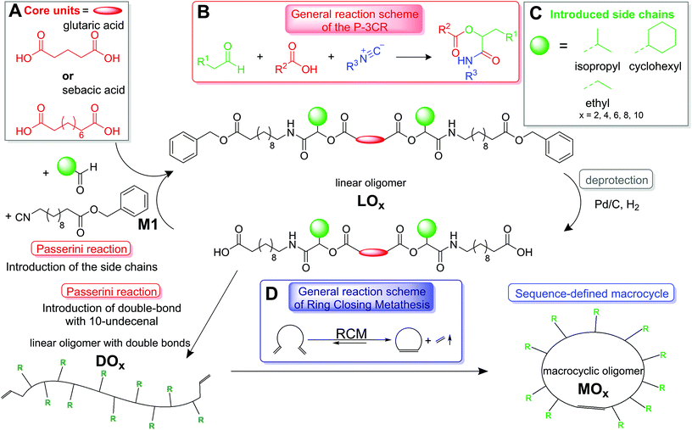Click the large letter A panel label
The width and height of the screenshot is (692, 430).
click(11, 13)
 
